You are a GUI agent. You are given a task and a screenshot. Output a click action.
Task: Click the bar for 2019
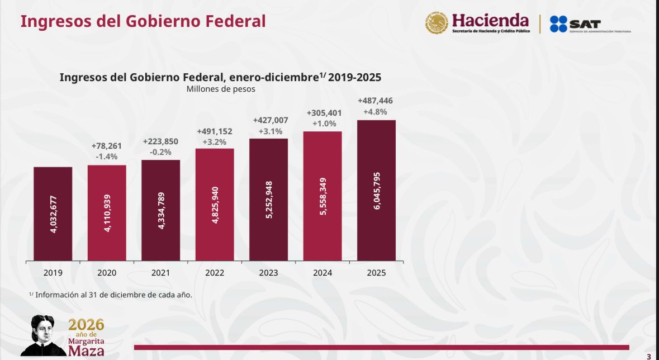pyautogui.click(x=53, y=214)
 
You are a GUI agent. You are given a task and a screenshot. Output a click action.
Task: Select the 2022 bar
pyautogui.click(x=215, y=205)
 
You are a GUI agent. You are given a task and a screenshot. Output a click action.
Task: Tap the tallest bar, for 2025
pyautogui.click(x=376, y=190)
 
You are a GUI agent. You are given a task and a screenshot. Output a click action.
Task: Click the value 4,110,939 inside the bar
pyautogui.click(x=107, y=213)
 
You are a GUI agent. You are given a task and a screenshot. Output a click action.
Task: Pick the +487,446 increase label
pyautogui.click(x=376, y=101)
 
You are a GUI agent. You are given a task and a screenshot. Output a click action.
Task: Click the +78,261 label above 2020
pyautogui.click(x=107, y=146)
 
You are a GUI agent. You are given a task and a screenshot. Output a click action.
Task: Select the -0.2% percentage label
pyautogui.click(x=160, y=152)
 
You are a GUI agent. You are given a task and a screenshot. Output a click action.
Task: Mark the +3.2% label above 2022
pyautogui.click(x=215, y=142)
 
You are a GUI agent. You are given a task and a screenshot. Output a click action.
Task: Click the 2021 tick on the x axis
pyautogui.click(x=160, y=273)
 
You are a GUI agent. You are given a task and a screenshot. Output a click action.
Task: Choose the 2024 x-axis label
pyautogui.click(x=323, y=273)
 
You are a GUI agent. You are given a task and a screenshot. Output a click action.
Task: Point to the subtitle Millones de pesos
pyautogui.click(x=220, y=89)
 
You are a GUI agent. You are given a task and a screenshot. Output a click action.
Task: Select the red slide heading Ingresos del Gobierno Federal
pyautogui.click(x=143, y=22)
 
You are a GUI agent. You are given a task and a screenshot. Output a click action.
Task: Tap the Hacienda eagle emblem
pyautogui.click(x=437, y=23)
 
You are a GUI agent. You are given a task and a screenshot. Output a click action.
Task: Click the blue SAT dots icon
pyautogui.click(x=558, y=24)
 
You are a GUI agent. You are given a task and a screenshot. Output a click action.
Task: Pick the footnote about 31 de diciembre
pyautogui.click(x=111, y=295)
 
